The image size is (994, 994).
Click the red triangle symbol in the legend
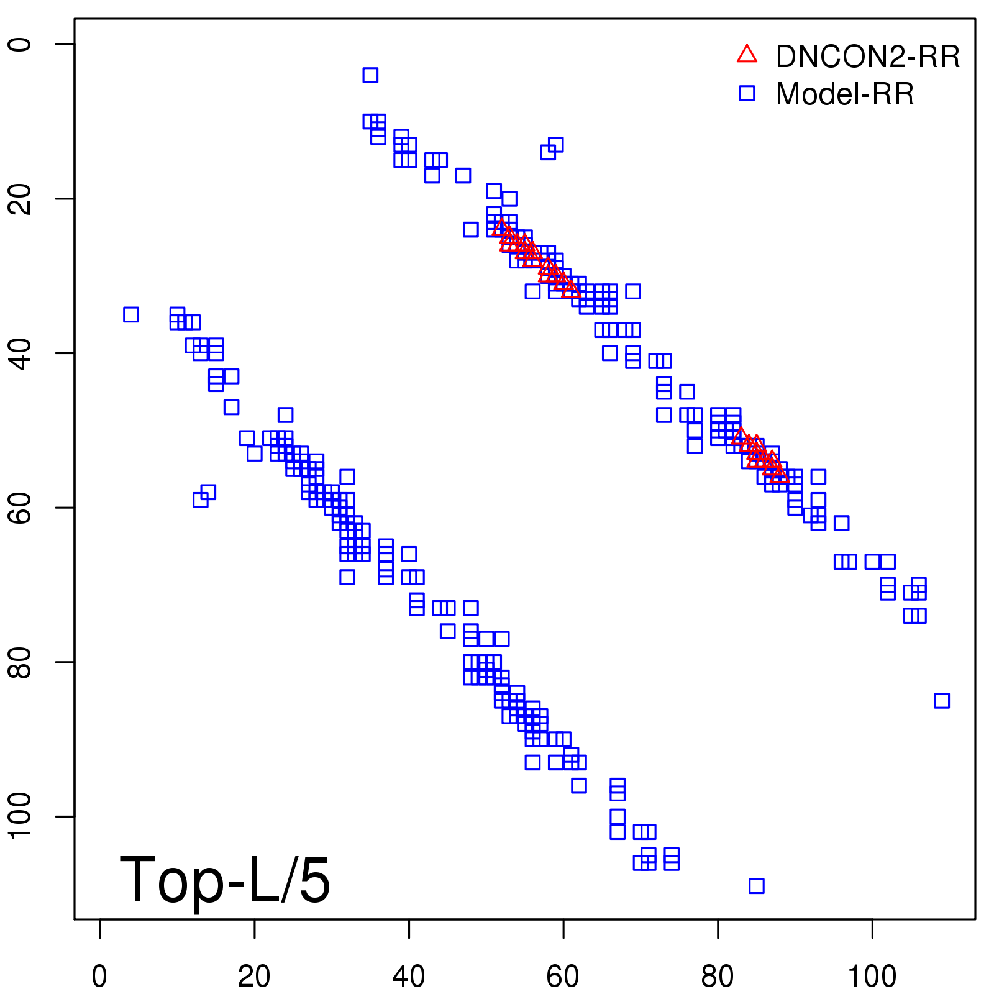tap(747, 55)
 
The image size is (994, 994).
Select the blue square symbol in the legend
tap(747, 93)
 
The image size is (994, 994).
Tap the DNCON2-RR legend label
tap(867, 57)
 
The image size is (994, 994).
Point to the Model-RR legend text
tap(845, 94)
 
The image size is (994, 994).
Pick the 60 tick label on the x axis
tap(563, 977)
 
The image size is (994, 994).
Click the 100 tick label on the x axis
tap(872, 977)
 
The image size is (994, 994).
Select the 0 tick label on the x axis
tap(99, 977)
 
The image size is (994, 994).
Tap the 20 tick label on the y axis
tap(21, 199)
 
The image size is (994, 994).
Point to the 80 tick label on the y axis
tap(21, 662)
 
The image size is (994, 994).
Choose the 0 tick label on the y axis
tap(21, 44)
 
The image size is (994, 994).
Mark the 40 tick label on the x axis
tap(409, 977)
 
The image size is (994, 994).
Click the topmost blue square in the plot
tap(370, 75)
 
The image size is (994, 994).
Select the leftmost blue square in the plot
tap(130, 314)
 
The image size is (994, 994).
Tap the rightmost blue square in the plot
tap(942, 701)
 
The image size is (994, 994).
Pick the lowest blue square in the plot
tap(756, 886)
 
